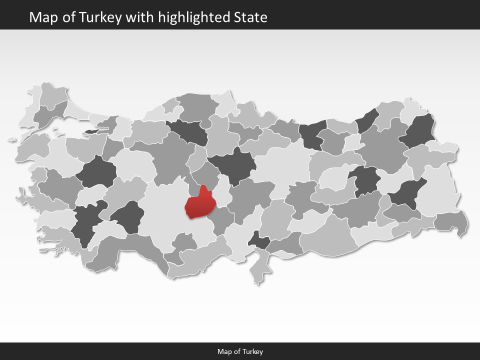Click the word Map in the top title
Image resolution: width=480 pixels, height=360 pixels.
click(40, 17)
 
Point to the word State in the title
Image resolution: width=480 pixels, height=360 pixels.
click(250, 17)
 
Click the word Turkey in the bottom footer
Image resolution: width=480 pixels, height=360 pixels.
click(253, 351)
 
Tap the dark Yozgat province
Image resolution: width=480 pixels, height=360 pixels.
click(232, 165)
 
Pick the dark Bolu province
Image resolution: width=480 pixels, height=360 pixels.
click(188, 131)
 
